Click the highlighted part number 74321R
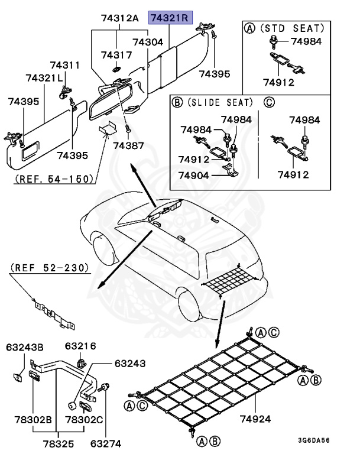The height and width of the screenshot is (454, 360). click(x=168, y=18)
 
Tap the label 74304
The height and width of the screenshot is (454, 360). click(x=148, y=43)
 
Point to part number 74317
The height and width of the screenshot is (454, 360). click(x=116, y=55)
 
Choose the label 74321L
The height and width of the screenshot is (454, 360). click(x=44, y=78)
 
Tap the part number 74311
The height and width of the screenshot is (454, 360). click(x=64, y=64)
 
